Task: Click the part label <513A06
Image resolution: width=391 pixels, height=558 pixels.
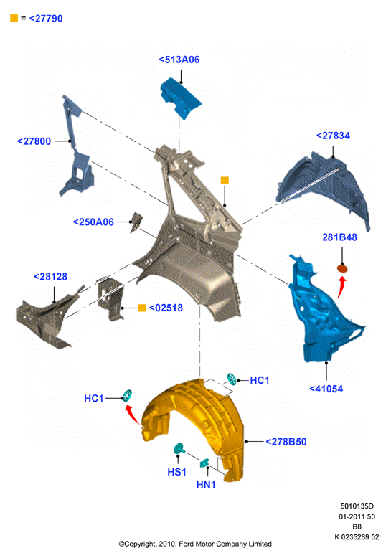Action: [179, 60]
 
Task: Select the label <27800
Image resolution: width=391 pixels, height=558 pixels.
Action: [34, 141]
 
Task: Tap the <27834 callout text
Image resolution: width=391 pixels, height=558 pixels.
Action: [333, 136]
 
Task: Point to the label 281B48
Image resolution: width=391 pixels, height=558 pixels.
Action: [339, 237]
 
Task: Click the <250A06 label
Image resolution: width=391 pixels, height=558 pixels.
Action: [93, 222]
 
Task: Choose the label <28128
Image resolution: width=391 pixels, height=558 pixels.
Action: [50, 277]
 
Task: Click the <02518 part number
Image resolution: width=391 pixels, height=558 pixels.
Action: [166, 308]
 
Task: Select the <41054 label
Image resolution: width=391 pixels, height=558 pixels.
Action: [326, 389]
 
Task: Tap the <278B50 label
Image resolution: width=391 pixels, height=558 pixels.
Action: [286, 442]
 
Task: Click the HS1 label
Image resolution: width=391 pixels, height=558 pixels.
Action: [176, 472]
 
